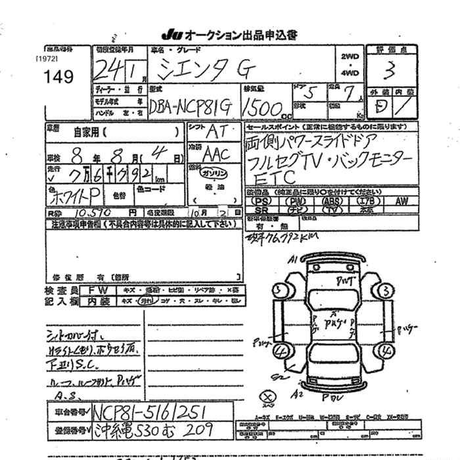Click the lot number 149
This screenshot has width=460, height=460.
click(58, 76)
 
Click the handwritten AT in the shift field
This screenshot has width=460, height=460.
click(213, 130)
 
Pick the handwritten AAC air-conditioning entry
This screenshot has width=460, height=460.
click(213, 154)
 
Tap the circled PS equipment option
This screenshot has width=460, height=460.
click(263, 200)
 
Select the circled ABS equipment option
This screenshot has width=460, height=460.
click(333, 200)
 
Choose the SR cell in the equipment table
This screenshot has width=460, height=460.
click(262, 210)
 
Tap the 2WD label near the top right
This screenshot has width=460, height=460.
click(350, 57)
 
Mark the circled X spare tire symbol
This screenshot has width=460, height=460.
click(267, 397)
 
